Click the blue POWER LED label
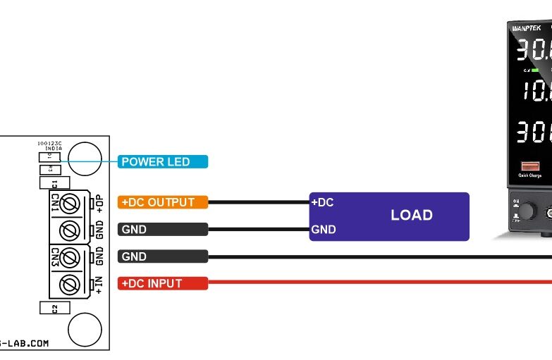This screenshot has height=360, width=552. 163,162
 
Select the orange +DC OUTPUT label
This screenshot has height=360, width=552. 163,202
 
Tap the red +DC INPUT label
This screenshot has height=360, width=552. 163,283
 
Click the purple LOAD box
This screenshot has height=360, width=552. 411,216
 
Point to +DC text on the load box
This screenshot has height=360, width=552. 322,203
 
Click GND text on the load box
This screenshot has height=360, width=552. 324,230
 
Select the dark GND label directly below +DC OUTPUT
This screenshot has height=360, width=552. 163,229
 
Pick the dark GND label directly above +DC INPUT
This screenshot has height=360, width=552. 163,256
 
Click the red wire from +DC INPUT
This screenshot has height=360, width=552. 381,283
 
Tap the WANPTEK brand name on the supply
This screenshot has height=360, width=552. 525,29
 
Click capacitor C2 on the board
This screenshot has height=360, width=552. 55,308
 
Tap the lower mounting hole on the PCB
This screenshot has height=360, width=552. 85,329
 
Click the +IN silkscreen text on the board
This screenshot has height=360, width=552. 99,283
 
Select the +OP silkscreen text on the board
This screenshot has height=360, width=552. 99,204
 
